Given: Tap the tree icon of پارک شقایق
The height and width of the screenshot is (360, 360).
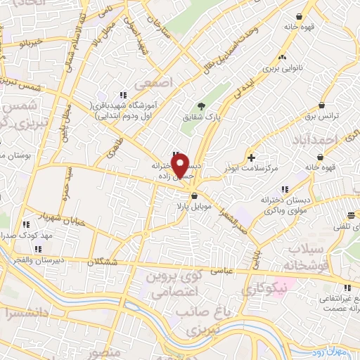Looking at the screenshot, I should pos(202,105).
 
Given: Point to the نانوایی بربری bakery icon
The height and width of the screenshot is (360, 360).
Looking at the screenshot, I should pos(283,58).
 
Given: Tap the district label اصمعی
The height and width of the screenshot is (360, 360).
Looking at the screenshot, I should pos(156,82).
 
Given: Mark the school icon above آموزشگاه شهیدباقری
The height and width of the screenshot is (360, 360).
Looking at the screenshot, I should pos(123,95).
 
